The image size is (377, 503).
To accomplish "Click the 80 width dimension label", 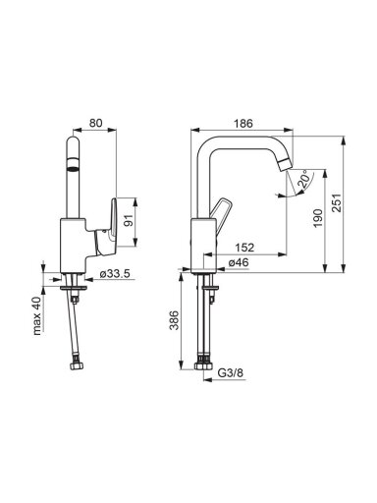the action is click(x=96, y=123).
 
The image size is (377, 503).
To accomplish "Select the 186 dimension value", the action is click(x=243, y=124).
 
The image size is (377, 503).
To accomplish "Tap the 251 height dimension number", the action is click(x=337, y=203).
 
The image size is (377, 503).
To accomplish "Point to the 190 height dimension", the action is click(x=317, y=218).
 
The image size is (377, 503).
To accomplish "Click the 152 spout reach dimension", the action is click(x=244, y=248).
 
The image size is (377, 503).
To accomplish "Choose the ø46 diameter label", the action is click(x=239, y=262).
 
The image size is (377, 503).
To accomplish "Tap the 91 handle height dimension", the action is click(x=130, y=222).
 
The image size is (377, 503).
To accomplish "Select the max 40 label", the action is click(x=37, y=315).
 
